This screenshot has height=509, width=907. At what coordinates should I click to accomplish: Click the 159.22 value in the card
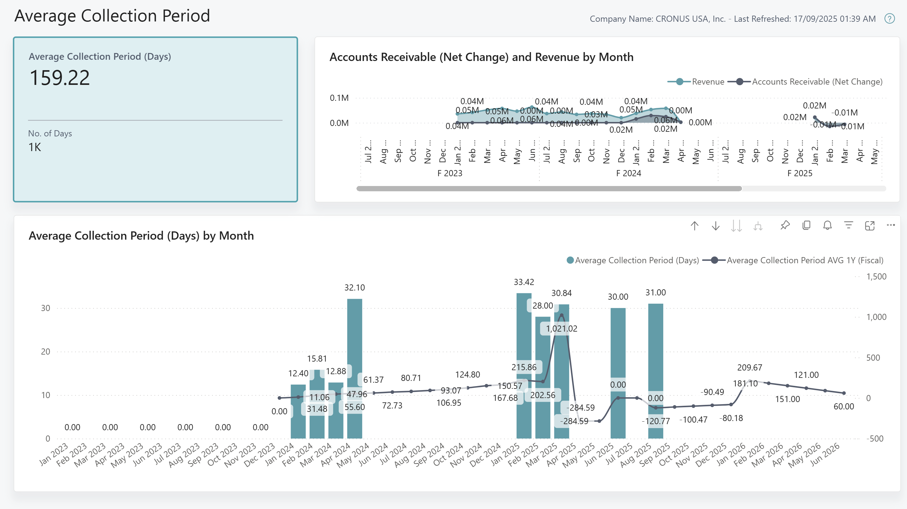tap(59, 78)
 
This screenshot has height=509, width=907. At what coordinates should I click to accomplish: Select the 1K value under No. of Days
tap(35, 147)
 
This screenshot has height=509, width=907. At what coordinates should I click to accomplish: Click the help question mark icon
tap(890, 19)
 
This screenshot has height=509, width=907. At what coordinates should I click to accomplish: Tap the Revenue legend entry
tap(708, 82)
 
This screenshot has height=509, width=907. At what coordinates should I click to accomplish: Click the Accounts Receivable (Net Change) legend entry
tap(817, 82)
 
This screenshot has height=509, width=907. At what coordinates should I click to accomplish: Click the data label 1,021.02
tap(561, 329)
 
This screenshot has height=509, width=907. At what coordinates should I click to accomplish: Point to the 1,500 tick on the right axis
tap(876, 276)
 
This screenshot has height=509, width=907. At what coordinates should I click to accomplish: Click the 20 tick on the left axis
tap(45, 351)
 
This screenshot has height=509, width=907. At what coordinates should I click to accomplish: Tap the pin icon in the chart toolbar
tap(785, 226)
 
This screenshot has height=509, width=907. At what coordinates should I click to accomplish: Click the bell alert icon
tap(827, 226)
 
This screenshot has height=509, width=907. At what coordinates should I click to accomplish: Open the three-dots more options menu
tap(891, 225)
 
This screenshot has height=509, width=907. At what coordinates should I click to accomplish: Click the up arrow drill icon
tap(694, 226)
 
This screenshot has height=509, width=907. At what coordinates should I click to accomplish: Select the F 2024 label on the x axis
tap(628, 173)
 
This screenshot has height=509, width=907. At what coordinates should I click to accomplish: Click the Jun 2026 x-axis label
tap(825, 454)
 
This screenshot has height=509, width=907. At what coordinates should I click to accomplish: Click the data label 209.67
tap(749, 367)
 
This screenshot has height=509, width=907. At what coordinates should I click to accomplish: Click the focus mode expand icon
tap(870, 226)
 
